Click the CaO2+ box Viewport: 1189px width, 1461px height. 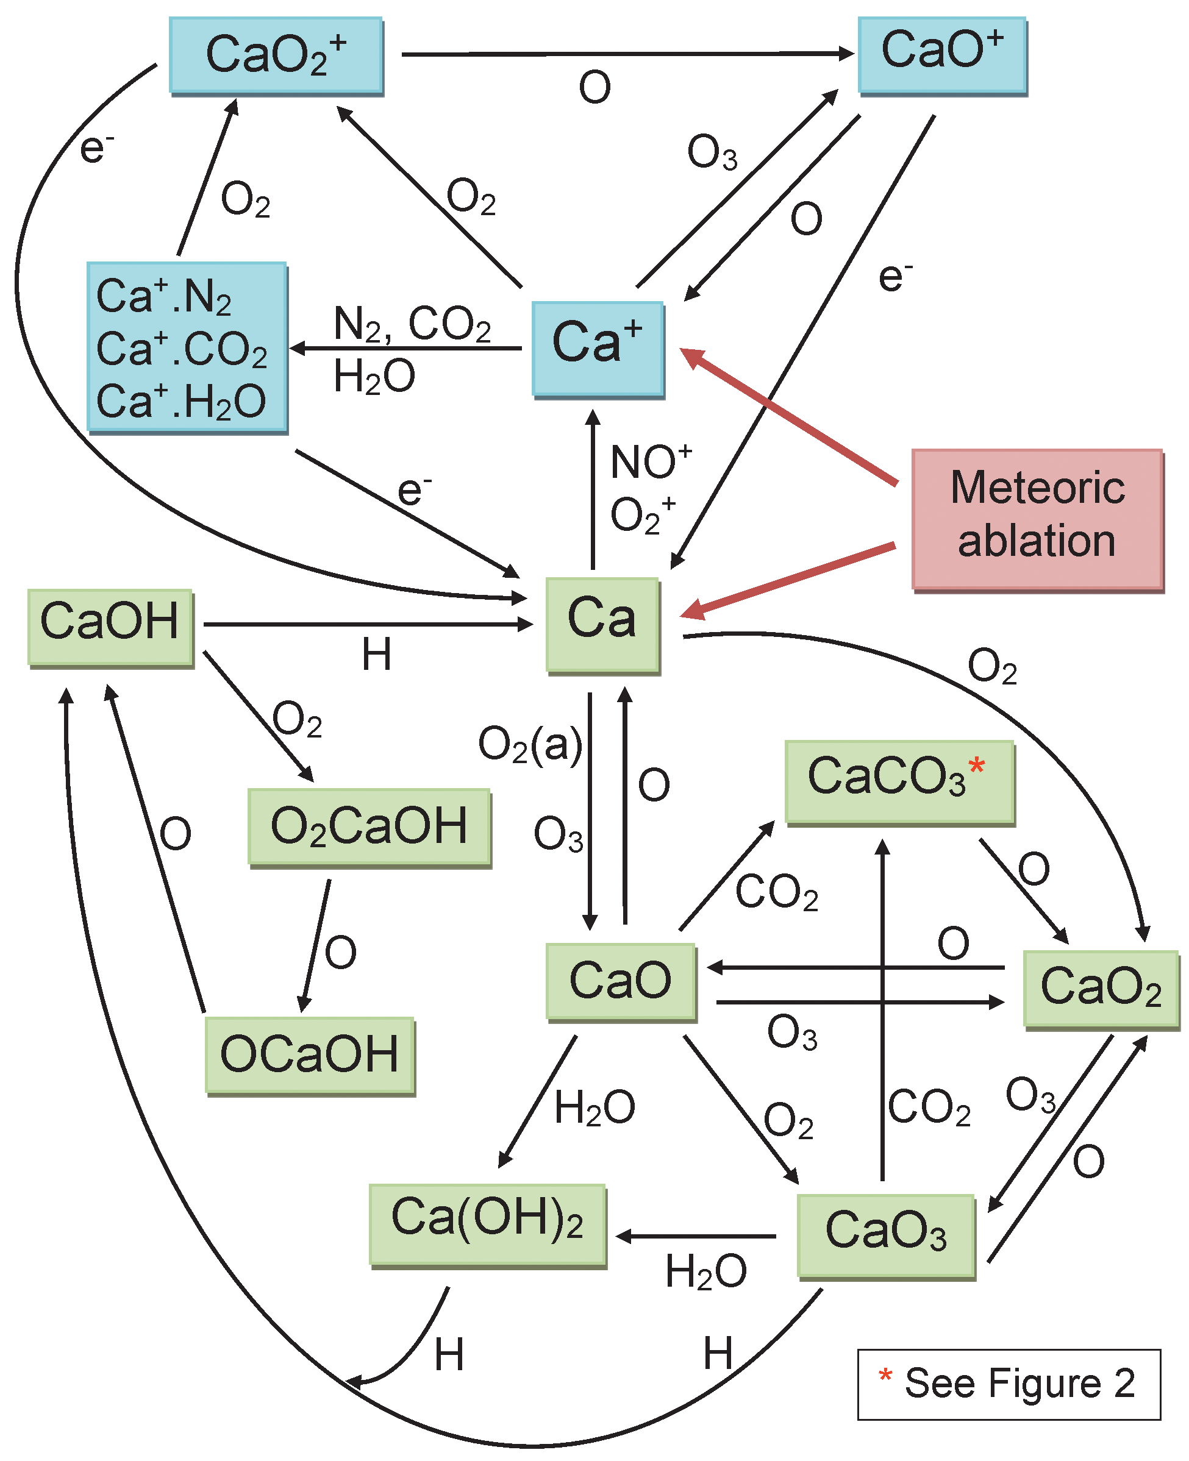276,55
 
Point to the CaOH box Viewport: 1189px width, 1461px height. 110,626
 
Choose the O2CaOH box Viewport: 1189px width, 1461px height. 369,827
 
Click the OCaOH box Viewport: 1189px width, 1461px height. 310,1054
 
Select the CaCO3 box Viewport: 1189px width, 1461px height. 899,781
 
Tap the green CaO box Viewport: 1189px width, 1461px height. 621,981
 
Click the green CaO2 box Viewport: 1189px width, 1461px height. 1101,988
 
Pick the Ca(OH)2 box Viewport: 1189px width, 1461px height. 487,1223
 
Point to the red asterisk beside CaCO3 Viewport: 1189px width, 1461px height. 977,766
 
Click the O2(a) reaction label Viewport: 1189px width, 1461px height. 530,745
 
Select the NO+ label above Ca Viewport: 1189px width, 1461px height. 651,461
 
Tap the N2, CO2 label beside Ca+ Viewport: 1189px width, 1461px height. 412,324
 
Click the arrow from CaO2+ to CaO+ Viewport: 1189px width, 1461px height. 627,54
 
